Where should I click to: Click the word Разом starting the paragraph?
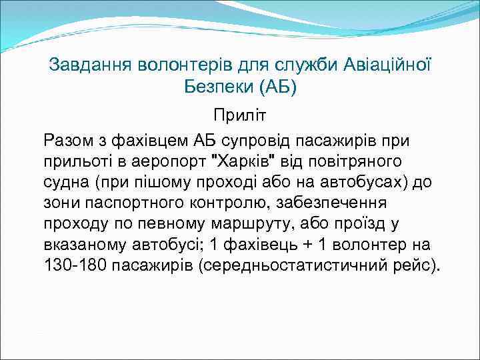pyautogui.click(x=67, y=141)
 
